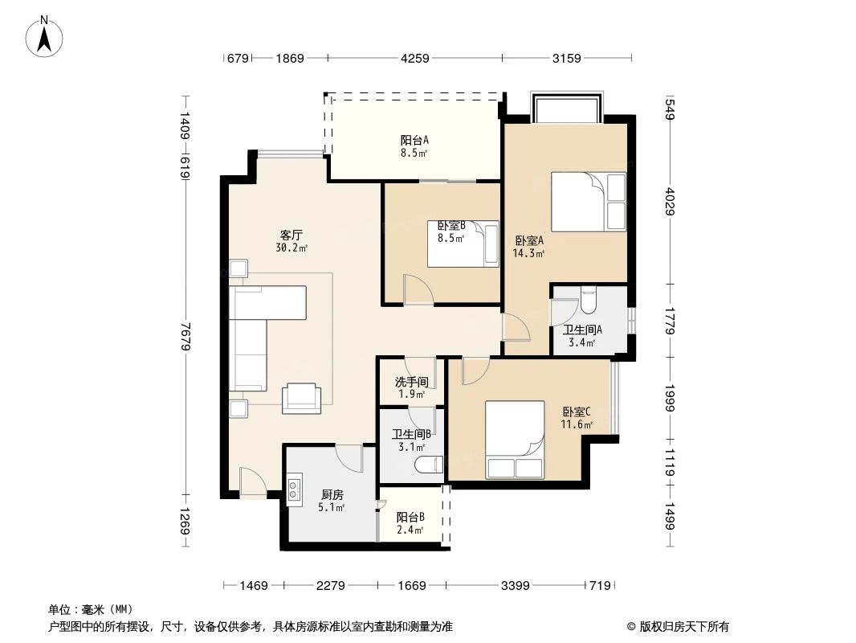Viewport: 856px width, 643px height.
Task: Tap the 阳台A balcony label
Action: tap(414, 137)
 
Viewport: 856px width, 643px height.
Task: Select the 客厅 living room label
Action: tap(291, 235)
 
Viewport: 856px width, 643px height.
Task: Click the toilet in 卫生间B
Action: tap(428, 464)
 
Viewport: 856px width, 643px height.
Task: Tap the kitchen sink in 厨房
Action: tap(294, 487)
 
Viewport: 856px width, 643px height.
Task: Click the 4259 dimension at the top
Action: tap(415, 58)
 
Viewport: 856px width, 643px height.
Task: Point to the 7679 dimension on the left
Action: tap(185, 337)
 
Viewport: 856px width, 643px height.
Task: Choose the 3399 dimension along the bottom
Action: tap(516, 586)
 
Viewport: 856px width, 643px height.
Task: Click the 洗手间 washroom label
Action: tap(411, 383)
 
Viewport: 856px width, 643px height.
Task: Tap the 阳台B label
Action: tap(410, 518)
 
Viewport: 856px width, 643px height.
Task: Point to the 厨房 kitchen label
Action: tap(332, 495)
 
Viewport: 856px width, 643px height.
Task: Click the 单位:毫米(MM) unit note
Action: tap(90, 609)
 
